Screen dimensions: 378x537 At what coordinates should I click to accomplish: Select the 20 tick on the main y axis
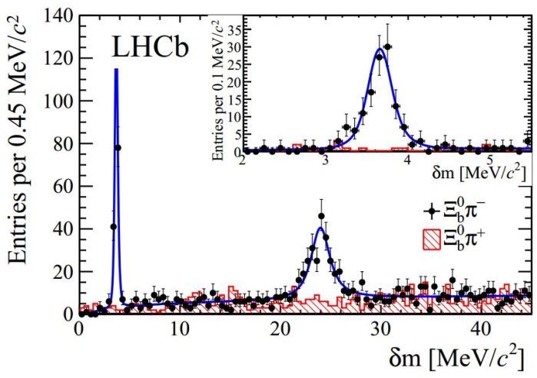click(x=62, y=271)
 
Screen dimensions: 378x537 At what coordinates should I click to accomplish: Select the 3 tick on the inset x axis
click(x=325, y=162)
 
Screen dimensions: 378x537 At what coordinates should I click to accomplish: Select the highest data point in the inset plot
click(x=388, y=46)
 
